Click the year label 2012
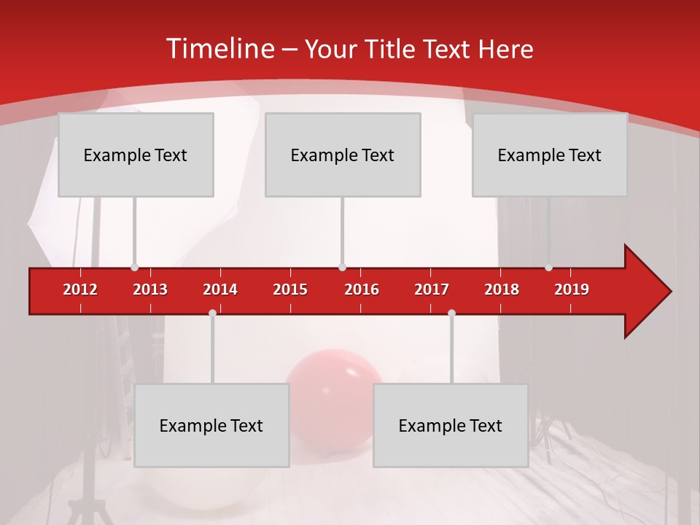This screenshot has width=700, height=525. click(80, 289)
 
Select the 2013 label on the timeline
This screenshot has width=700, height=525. click(150, 289)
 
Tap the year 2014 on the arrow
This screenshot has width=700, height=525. click(220, 289)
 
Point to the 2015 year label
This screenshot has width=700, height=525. click(290, 289)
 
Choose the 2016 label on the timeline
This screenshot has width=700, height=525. click(362, 289)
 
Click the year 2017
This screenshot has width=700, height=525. click(432, 289)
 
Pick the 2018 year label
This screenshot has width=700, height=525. click(502, 289)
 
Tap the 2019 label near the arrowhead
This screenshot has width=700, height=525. click(572, 289)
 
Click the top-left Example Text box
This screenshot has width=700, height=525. click(136, 155)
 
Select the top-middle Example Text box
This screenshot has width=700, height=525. click(343, 155)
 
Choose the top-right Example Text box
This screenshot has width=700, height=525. click(550, 155)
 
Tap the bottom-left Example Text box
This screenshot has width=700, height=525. click(211, 425)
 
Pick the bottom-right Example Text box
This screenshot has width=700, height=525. click(451, 425)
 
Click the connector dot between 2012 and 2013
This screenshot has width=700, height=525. click(134, 268)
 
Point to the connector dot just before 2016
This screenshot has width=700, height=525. click(342, 268)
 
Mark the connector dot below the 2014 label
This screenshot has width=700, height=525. click(212, 313)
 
